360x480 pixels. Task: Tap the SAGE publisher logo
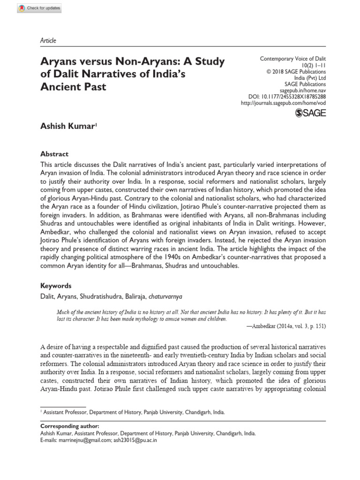tap(310, 112)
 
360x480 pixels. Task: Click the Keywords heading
tap(55, 285)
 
